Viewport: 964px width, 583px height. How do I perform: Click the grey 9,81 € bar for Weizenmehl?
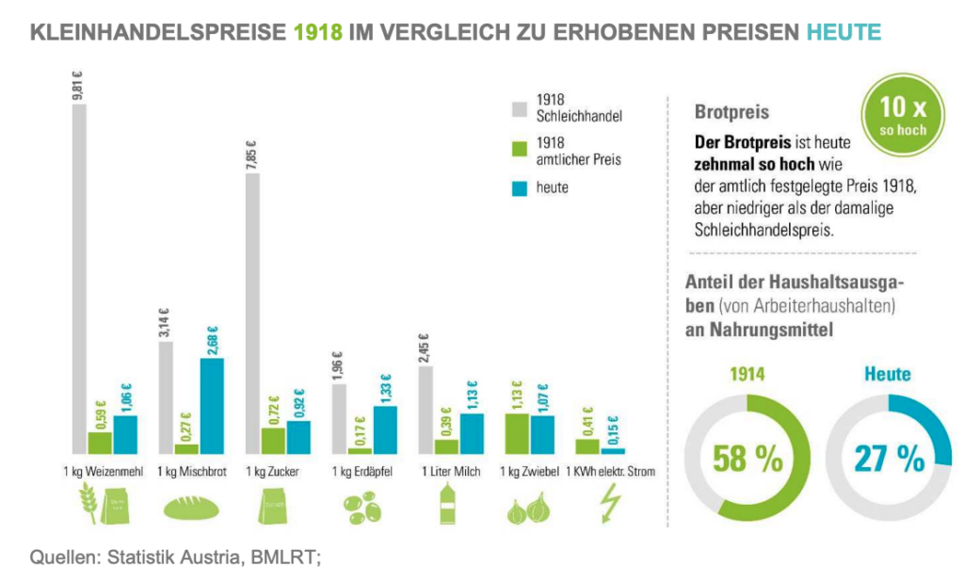pyautogui.click(x=79, y=278)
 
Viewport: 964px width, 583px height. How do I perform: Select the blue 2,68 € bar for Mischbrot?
pyautogui.click(x=212, y=406)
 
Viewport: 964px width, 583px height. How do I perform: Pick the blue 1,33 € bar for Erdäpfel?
pyautogui.click(x=385, y=429)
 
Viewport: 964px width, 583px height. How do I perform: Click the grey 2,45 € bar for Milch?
pyautogui.click(x=425, y=410)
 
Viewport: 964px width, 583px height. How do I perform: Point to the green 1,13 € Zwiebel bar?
pyautogui.click(x=516, y=433)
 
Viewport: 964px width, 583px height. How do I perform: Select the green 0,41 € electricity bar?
pyautogui.click(x=587, y=445)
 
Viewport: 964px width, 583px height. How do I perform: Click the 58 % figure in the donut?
pyautogui.click(x=747, y=460)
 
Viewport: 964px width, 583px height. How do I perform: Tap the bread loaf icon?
pyautogui.click(x=192, y=509)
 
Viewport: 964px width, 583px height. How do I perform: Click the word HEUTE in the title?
pyautogui.click(x=843, y=33)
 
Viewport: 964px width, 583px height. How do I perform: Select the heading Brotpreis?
pyautogui.click(x=731, y=112)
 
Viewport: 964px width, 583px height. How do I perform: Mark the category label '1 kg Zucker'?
pyautogui.click(x=271, y=471)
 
